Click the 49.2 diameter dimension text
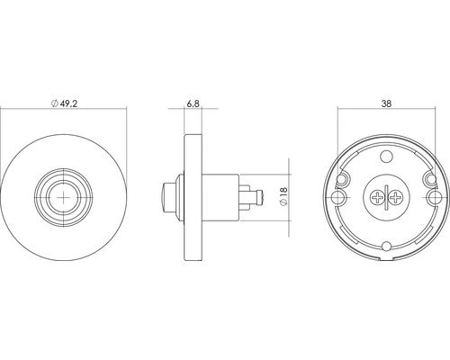point(69,103)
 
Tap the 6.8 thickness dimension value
point(193,103)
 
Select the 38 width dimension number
point(386,103)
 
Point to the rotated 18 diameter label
point(283,193)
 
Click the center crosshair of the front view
point(64,197)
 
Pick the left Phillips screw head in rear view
point(376,197)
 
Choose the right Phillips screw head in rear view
point(396,197)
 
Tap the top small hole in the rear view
point(386,156)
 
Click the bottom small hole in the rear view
point(387,247)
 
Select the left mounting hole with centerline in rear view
point(339,197)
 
